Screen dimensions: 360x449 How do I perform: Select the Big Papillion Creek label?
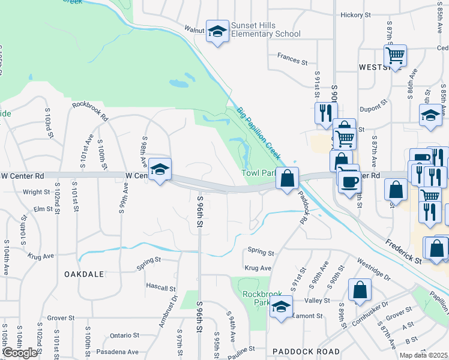[x=259, y=133]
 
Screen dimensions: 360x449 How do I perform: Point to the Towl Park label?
[x=258, y=173]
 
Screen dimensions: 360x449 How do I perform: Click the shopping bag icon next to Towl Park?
[x=288, y=179]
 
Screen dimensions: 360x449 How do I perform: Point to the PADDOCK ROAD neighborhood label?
[x=306, y=351]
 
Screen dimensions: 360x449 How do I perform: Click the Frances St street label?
[x=292, y=61]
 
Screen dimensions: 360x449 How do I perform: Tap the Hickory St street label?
[x=356, y=15]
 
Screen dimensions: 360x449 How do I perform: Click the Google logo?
[x=20, y=353]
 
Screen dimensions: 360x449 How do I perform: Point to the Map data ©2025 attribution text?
[x=423, y=355]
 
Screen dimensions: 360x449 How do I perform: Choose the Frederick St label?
[x=404, y=250]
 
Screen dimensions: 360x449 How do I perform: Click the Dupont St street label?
[x=371, y=109]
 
